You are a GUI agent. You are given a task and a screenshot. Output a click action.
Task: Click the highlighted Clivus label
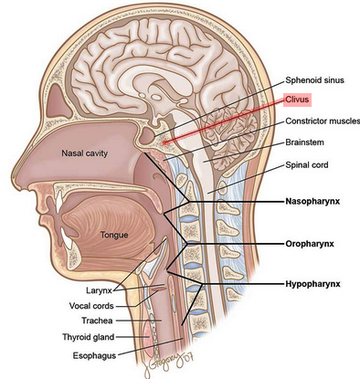(x=299, y=99)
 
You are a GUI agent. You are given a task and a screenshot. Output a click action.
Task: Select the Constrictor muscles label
(x=322, y=121)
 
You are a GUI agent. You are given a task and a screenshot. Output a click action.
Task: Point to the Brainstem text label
(x=306, y=143)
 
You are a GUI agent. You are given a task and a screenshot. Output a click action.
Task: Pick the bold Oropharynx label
(x=312, y=245)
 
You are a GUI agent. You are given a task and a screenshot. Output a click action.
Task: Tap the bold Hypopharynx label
(x=315, y=285)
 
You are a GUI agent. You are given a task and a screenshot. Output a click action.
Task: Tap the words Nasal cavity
(x=85, y=154)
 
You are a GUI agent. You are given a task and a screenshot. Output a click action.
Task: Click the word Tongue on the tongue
(x=114, y=235)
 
